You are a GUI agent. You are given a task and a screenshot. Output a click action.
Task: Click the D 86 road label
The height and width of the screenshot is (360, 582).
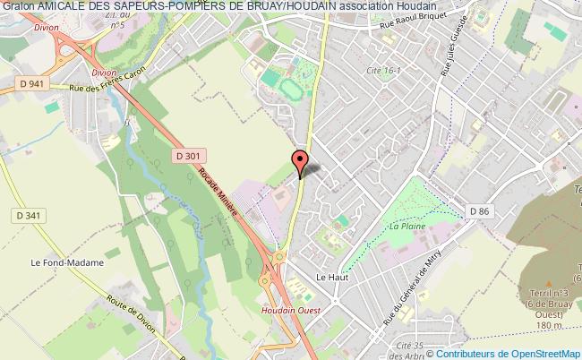click(482, 210)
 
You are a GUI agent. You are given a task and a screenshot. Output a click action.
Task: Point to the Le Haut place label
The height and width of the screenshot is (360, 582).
click(331, 278)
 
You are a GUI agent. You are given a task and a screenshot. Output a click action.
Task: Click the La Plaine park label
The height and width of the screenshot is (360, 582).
click(406, 227)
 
